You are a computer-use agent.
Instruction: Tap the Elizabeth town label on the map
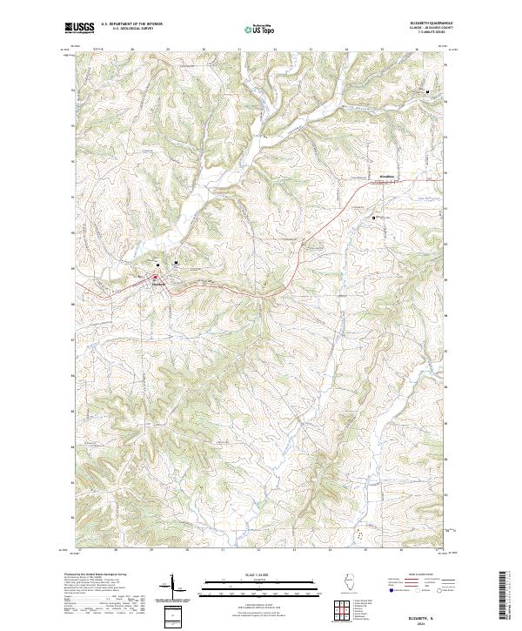(159, 285)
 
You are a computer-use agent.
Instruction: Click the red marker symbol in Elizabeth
(156, 278)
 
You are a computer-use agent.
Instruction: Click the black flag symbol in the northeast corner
(427, 91)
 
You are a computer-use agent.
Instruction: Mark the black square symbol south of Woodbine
(375, 217)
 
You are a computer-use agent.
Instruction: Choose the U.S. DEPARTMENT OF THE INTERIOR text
(131, 23)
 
